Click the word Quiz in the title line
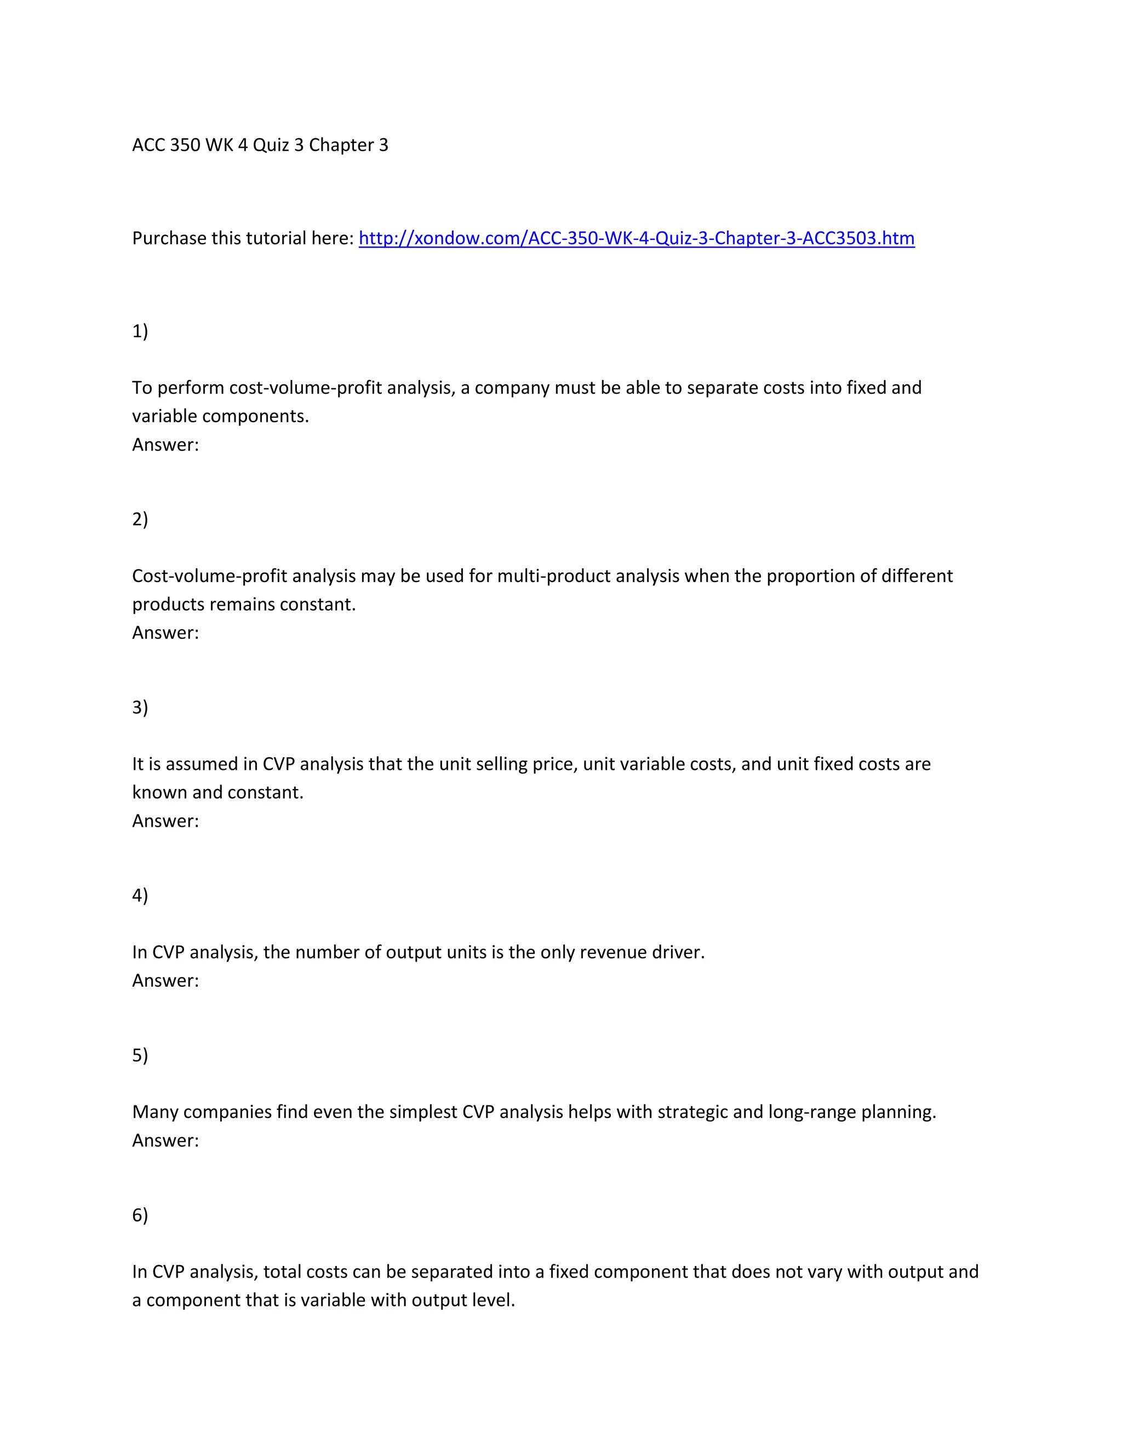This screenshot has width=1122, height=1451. point(271,145)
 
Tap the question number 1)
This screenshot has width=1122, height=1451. point(140,331)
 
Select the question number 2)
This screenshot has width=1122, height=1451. point(140,519)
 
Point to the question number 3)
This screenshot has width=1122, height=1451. point(140,707)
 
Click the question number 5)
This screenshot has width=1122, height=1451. point(140,1055)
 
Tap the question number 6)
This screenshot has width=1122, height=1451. point(140,1214)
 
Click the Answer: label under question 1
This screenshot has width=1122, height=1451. point(165,445)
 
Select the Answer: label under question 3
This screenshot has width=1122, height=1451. point(165,821)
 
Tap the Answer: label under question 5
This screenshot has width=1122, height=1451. point(165,1140)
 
